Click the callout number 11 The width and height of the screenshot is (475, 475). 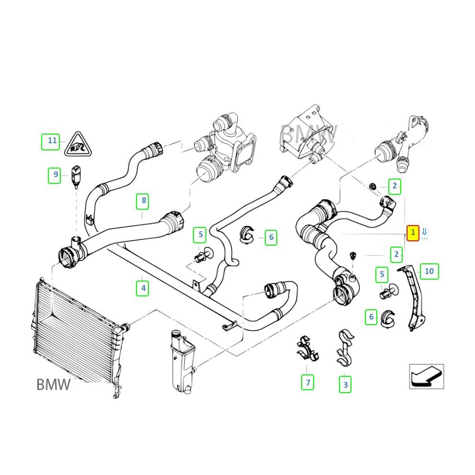(x=52, y=141)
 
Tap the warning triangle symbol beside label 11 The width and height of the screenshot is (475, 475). (x=78, y=144)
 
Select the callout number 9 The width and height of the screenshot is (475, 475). (x=56, y=175)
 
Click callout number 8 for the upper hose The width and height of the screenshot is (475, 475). (x=143, y=201)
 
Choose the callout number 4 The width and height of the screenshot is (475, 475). (x=143, y=288)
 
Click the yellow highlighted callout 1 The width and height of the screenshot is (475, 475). (x=413, y=233)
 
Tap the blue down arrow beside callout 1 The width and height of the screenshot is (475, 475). (x=424, y=233)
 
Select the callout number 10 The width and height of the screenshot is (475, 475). (x=429, y=271)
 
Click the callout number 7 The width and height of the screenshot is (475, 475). (x=308, y=383)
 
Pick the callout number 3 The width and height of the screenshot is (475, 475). (x=345, y=384)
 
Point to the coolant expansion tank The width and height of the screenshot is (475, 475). (x=180, y=359)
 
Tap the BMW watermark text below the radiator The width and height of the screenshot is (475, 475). (x=54, y=385)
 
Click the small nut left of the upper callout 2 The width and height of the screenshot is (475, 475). (x=373, y=186)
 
